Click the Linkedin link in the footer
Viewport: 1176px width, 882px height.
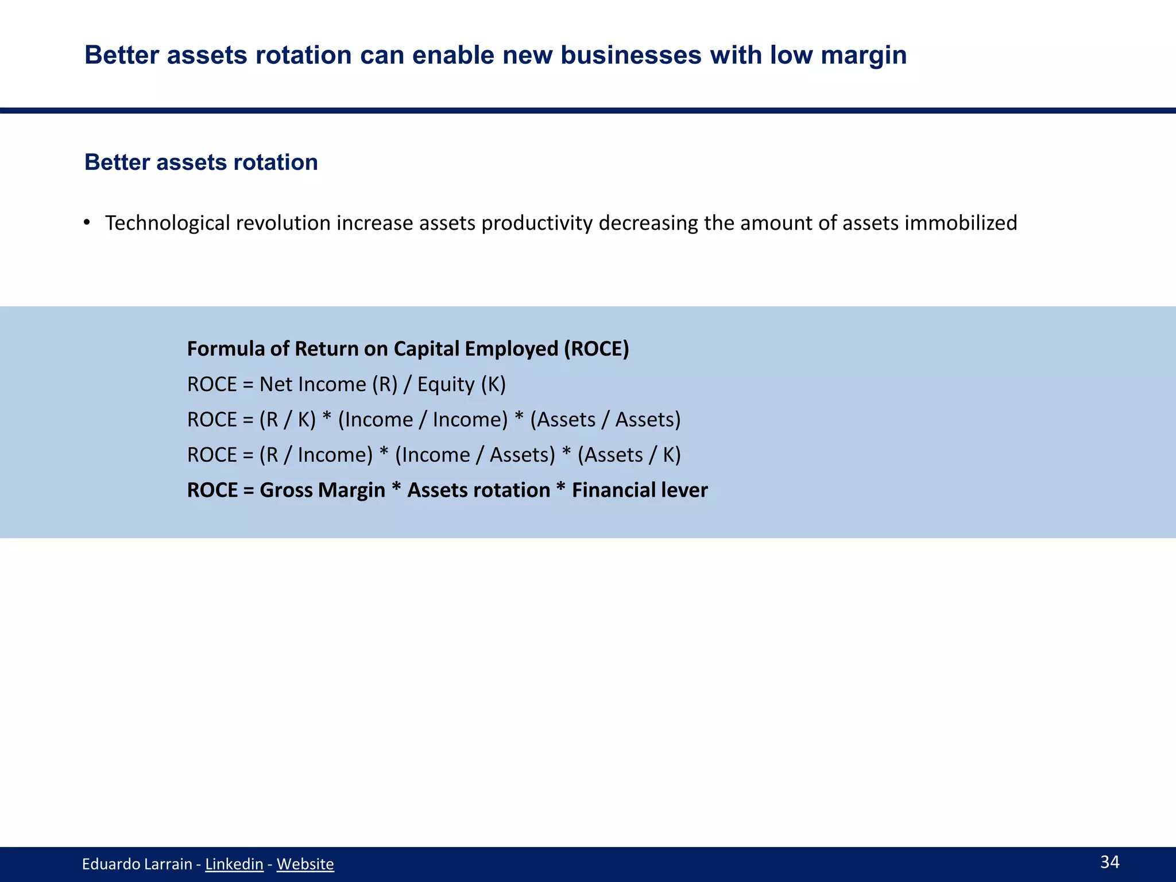coord(234,864)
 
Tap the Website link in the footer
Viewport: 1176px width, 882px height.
coord(305,864)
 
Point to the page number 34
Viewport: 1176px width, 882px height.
coord(1109,861)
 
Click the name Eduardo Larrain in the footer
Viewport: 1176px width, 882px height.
coord(137,864)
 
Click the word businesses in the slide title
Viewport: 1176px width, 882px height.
coord(630,56)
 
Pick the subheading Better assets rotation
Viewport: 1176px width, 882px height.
coord(201,163)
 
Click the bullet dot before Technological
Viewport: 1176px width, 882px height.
coord(87,222)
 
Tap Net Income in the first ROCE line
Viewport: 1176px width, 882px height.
coord(312,384)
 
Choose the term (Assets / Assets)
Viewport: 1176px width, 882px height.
coord(605,420)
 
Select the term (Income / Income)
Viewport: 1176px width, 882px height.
coord(423,420)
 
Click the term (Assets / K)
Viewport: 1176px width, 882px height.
coord(629,455)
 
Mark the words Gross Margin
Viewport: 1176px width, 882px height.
coord(322,490)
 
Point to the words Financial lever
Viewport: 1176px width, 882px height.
coord(640,490)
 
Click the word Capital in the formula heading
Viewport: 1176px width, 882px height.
coord(427,349)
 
